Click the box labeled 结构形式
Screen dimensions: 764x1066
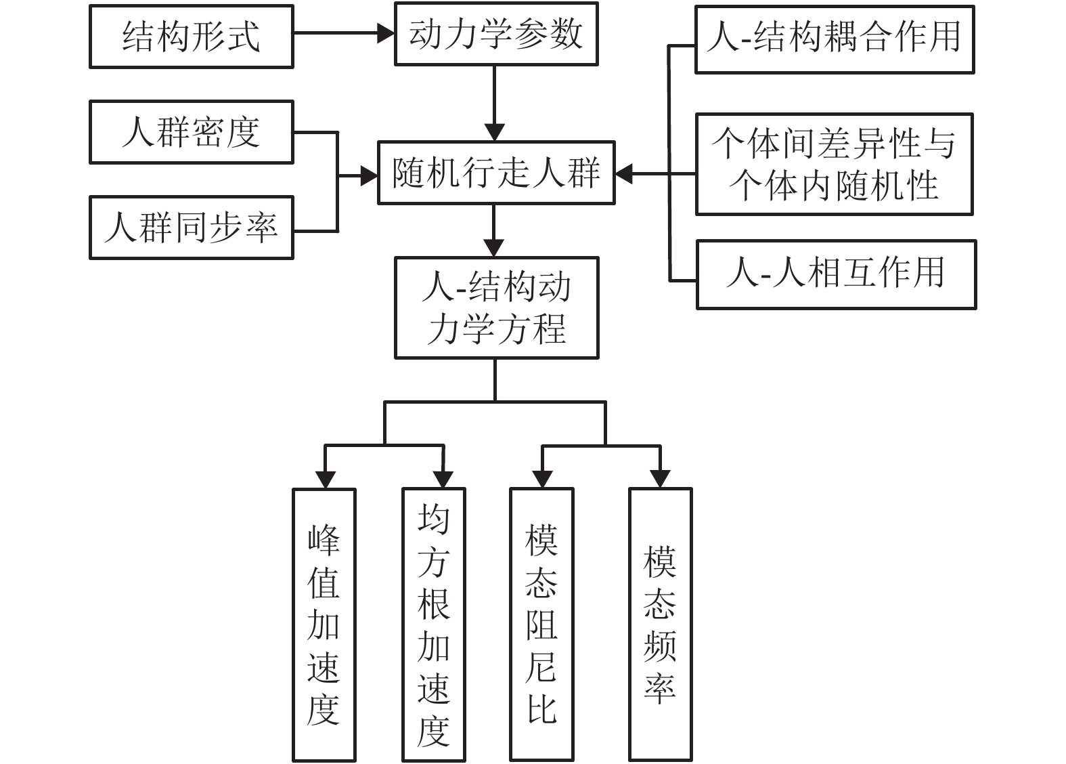(191, 37)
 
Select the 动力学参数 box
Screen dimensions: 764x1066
(496, 34)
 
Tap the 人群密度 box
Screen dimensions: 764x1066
(191, 132)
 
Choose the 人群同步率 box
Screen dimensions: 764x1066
(191, 228)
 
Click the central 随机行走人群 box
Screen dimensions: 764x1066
(496, 173)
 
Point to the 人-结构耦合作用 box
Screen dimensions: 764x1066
(834, 39)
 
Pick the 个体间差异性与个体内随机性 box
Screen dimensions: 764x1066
(834, 165)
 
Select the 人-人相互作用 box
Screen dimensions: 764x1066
(836, 274)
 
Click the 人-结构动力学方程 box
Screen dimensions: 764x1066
(496, 307)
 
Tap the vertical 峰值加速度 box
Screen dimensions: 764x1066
(324, 624)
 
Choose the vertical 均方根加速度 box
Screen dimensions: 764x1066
(433, 624)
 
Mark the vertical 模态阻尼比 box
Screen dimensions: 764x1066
(541, 624)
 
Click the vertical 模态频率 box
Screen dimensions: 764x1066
(660, 624)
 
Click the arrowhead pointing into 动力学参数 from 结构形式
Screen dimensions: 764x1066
(386, 33)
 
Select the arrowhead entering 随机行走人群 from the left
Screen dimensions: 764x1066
(370, 177)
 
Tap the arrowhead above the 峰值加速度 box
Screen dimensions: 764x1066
(326, 479)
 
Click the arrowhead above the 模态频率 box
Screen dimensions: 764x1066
(660, 479)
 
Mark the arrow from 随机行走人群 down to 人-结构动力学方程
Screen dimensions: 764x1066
(494, 230)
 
